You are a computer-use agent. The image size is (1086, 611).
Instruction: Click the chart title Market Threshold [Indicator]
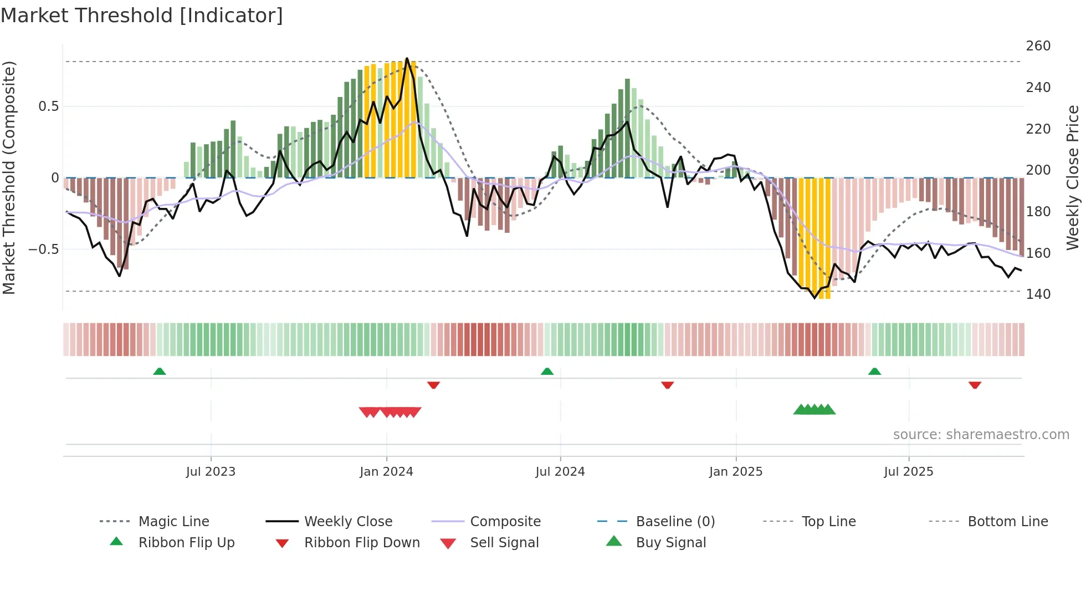pos(142,16)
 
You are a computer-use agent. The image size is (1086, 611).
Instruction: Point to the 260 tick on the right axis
pos(1038,46)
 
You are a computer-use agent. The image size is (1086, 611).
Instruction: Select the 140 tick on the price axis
pos(1038,294)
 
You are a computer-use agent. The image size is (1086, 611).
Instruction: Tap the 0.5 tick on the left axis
pos(48,106)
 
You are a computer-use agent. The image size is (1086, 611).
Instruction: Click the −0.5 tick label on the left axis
pos(44,250)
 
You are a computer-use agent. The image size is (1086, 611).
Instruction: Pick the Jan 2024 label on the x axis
pos(386,472)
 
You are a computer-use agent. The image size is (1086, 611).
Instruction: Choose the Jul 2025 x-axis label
pos(908,472)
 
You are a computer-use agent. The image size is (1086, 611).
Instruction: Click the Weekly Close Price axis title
pos(1073,177)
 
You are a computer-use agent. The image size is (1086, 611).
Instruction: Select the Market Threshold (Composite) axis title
pos(9,177)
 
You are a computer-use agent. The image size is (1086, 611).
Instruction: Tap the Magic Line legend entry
pos(173,522)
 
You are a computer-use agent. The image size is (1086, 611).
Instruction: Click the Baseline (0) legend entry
pos(675,522)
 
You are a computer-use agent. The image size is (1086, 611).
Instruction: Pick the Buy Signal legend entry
pos(670,543)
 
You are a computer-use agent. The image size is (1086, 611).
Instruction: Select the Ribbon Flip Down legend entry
pos(361,543)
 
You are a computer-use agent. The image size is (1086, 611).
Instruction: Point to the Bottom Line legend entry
pos(1007,522)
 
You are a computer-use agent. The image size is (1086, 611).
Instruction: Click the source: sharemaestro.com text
pos(981,435)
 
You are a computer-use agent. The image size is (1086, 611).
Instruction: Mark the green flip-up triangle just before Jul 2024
pos(547,371)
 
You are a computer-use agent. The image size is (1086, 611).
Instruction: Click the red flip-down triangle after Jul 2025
pos(975,385)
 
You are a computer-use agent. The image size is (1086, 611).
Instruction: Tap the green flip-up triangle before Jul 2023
pos(160,371)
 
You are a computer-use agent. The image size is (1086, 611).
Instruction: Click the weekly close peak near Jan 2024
pos(407,58)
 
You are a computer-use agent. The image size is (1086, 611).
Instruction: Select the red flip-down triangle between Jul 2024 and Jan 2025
pos(667,385)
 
